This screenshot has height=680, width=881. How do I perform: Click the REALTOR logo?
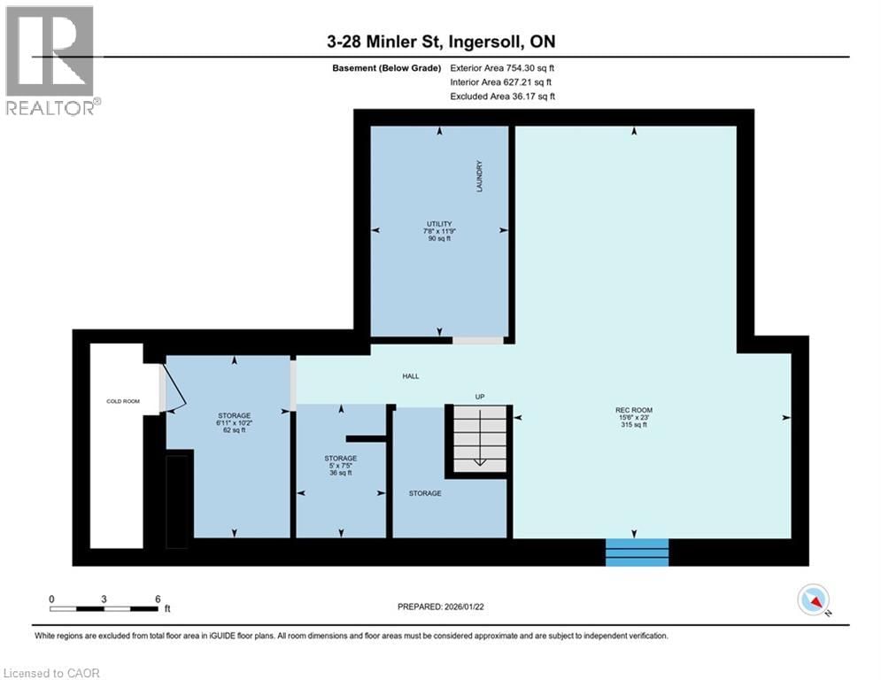[51, 60]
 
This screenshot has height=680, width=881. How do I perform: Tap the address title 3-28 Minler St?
[441, 42]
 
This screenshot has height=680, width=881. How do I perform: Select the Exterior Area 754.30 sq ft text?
[502, 68]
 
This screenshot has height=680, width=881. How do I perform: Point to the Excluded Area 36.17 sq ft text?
[502, 97]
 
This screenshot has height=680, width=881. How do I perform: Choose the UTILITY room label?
[439, 230]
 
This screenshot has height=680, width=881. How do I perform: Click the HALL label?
[411, 376]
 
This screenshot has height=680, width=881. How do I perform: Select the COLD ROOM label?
[118, 401]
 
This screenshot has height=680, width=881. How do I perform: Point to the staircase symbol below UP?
[479, 439]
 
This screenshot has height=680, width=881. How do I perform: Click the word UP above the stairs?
[479, 396]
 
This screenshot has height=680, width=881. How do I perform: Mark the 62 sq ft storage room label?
[235, 422]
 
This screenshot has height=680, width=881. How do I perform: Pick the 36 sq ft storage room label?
[341, 465]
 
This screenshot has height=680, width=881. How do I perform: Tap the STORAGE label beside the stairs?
[425, 493]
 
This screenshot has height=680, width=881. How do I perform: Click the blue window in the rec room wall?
[637, 552]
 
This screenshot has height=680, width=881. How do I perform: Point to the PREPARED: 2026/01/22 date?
[441, 607]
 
